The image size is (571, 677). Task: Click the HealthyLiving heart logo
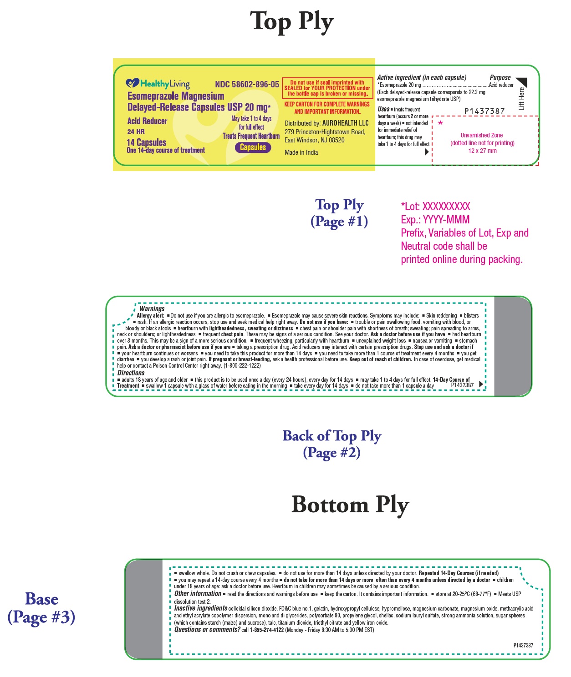(132, 83)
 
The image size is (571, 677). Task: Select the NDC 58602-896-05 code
(247, 84)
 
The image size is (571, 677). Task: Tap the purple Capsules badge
(253, 147)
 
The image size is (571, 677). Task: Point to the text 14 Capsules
(146, 142)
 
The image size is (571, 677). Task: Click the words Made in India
(301, 152)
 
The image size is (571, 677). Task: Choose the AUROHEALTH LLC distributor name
(345, 123)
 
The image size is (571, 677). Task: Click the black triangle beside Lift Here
(522, 82)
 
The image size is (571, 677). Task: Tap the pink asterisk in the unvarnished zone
(440, 123)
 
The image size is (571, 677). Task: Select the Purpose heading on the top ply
(500, 77)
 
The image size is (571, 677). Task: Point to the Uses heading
(383, 109)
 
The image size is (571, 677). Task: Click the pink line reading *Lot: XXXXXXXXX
(435, 207)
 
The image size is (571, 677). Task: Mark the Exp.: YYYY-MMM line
(435, 220)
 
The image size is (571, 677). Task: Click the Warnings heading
(152, 308)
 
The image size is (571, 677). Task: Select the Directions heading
(131, 373)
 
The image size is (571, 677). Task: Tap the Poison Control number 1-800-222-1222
(242, 365)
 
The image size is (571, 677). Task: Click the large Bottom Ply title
(350, 505)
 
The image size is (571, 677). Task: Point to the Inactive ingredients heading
(201, 608)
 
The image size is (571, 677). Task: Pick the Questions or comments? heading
(207, 630)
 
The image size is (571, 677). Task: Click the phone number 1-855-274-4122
(266, 630)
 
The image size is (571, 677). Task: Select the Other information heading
(198, 594)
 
